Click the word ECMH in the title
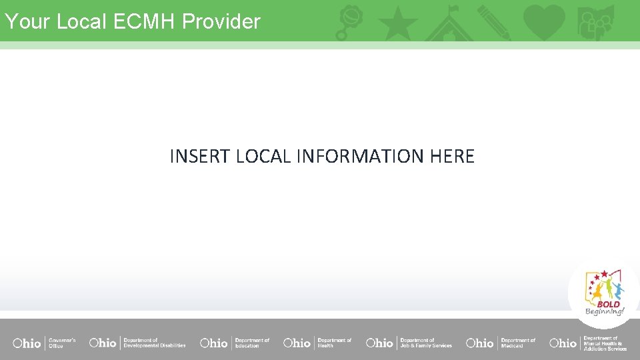coord(145,21)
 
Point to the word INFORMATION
coord(361,157)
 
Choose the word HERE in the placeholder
coord(452,157)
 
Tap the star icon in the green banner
coord(398,23)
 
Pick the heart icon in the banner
coord(544,22)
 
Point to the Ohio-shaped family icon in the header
coord(595,23)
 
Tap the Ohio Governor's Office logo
coord(44,343)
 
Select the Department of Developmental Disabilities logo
coord(137,343)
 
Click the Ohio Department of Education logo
coord(235,343)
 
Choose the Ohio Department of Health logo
coord(317,343)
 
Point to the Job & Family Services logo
coord(409,343)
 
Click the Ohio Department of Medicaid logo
coord(501,343)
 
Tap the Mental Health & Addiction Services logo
coord(588,343)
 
